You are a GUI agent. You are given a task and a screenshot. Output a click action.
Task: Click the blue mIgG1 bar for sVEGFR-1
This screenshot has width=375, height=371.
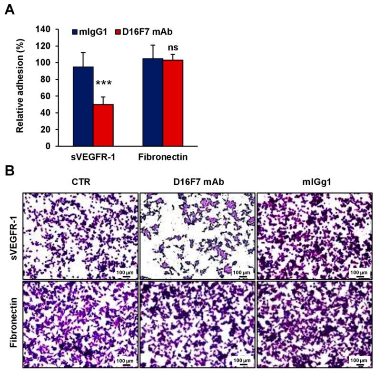(83, 106)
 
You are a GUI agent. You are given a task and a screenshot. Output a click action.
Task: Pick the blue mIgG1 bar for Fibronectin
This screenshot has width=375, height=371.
(153, 102)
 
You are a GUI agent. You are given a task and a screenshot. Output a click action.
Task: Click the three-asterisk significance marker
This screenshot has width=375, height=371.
(103, 84)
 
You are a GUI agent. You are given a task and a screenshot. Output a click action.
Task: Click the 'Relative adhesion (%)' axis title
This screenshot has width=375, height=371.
(20, 88)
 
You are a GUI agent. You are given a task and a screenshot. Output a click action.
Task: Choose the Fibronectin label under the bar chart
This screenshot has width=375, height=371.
(163, 156)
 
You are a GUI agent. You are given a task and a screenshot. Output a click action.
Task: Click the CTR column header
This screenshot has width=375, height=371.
(80, 182)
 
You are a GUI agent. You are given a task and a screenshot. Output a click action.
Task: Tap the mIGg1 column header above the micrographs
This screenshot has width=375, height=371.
(314, 182)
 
